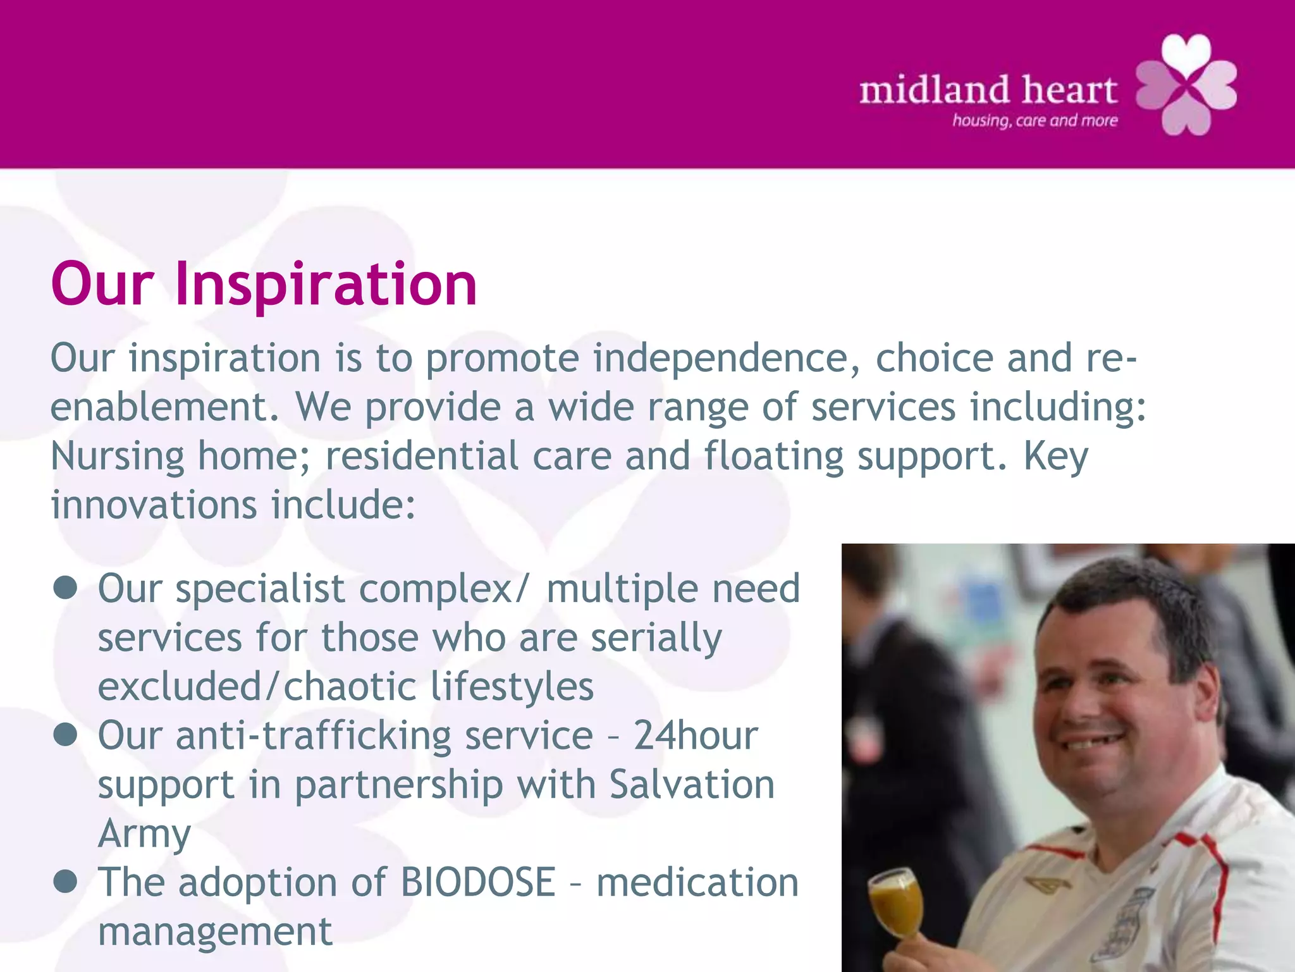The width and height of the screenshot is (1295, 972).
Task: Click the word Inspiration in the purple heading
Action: tap(326, 285)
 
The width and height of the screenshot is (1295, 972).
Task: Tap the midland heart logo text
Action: tap(988, 90)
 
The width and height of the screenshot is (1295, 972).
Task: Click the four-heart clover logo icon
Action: tap(1187, 85)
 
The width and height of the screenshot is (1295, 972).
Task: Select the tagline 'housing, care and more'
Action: tap(1035, 120)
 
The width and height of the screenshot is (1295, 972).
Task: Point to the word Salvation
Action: tap(692, 784)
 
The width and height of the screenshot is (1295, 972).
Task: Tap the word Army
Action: tap(144, 834)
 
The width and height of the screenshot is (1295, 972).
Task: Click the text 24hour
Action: tap(696, 735)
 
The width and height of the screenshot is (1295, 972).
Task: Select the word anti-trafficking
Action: tap(314, 735)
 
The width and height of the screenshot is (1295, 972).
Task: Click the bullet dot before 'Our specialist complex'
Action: tap(65, 588)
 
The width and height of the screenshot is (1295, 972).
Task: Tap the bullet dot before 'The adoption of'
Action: tap(65, 881)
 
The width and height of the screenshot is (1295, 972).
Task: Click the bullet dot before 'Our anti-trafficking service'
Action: tap(65, 735)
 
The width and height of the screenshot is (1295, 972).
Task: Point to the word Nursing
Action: tap(117, 456)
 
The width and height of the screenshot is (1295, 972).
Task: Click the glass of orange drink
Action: tap(894, 906)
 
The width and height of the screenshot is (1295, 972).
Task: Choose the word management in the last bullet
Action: tap(215, 932)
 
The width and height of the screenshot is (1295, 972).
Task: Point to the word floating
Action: tap(773, 456)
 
